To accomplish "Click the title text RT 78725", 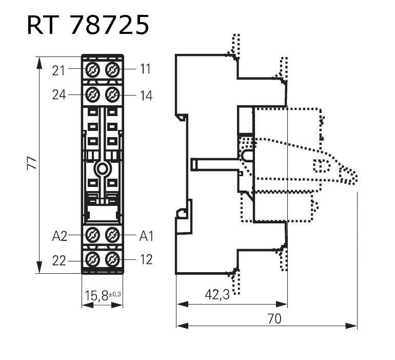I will (x=88, y=25).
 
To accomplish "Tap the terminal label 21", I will (x=59, y=70).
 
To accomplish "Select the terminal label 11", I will (x=146, y=69).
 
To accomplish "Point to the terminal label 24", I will (x=59, y=94).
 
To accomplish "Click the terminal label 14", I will (x=146, y=96).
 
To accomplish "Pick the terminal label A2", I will (x=60, y=236).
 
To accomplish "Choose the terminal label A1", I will (x=147, y=236).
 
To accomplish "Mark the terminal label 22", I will (x=59, y=261).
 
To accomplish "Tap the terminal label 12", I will (x=146, y=260).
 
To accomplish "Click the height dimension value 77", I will (x=32, y=164).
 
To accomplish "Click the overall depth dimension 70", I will (x=274, y=318).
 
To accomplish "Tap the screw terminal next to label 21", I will (x=92, y=69).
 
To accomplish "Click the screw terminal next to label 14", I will (x=112, y=94).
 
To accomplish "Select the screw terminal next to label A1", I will (x=112, y=235).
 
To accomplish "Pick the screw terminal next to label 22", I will (x=92, y=259).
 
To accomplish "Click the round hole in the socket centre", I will (x=102, y=169).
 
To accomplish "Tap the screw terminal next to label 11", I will (x=112, y=69).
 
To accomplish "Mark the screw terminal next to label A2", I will (x=92, y=235).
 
